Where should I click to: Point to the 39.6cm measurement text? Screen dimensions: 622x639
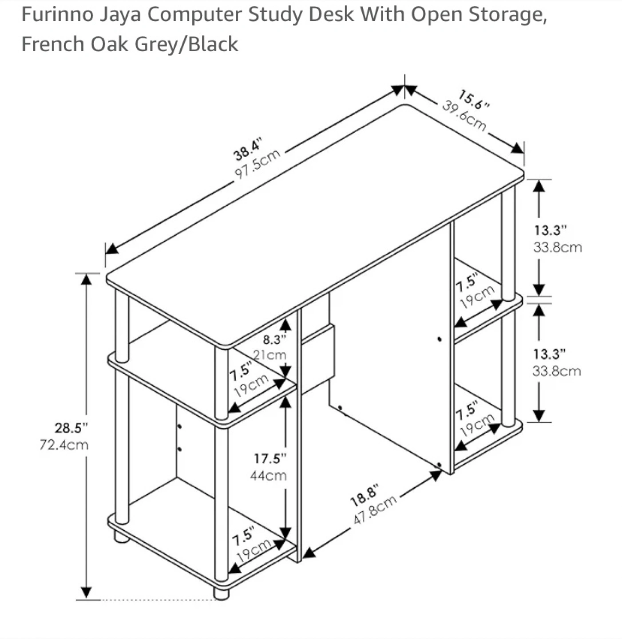[464, 116]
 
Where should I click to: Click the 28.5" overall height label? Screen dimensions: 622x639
[71, 428]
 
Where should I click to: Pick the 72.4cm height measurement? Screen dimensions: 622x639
[64, 445]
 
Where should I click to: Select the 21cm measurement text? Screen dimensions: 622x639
[270, 355]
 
